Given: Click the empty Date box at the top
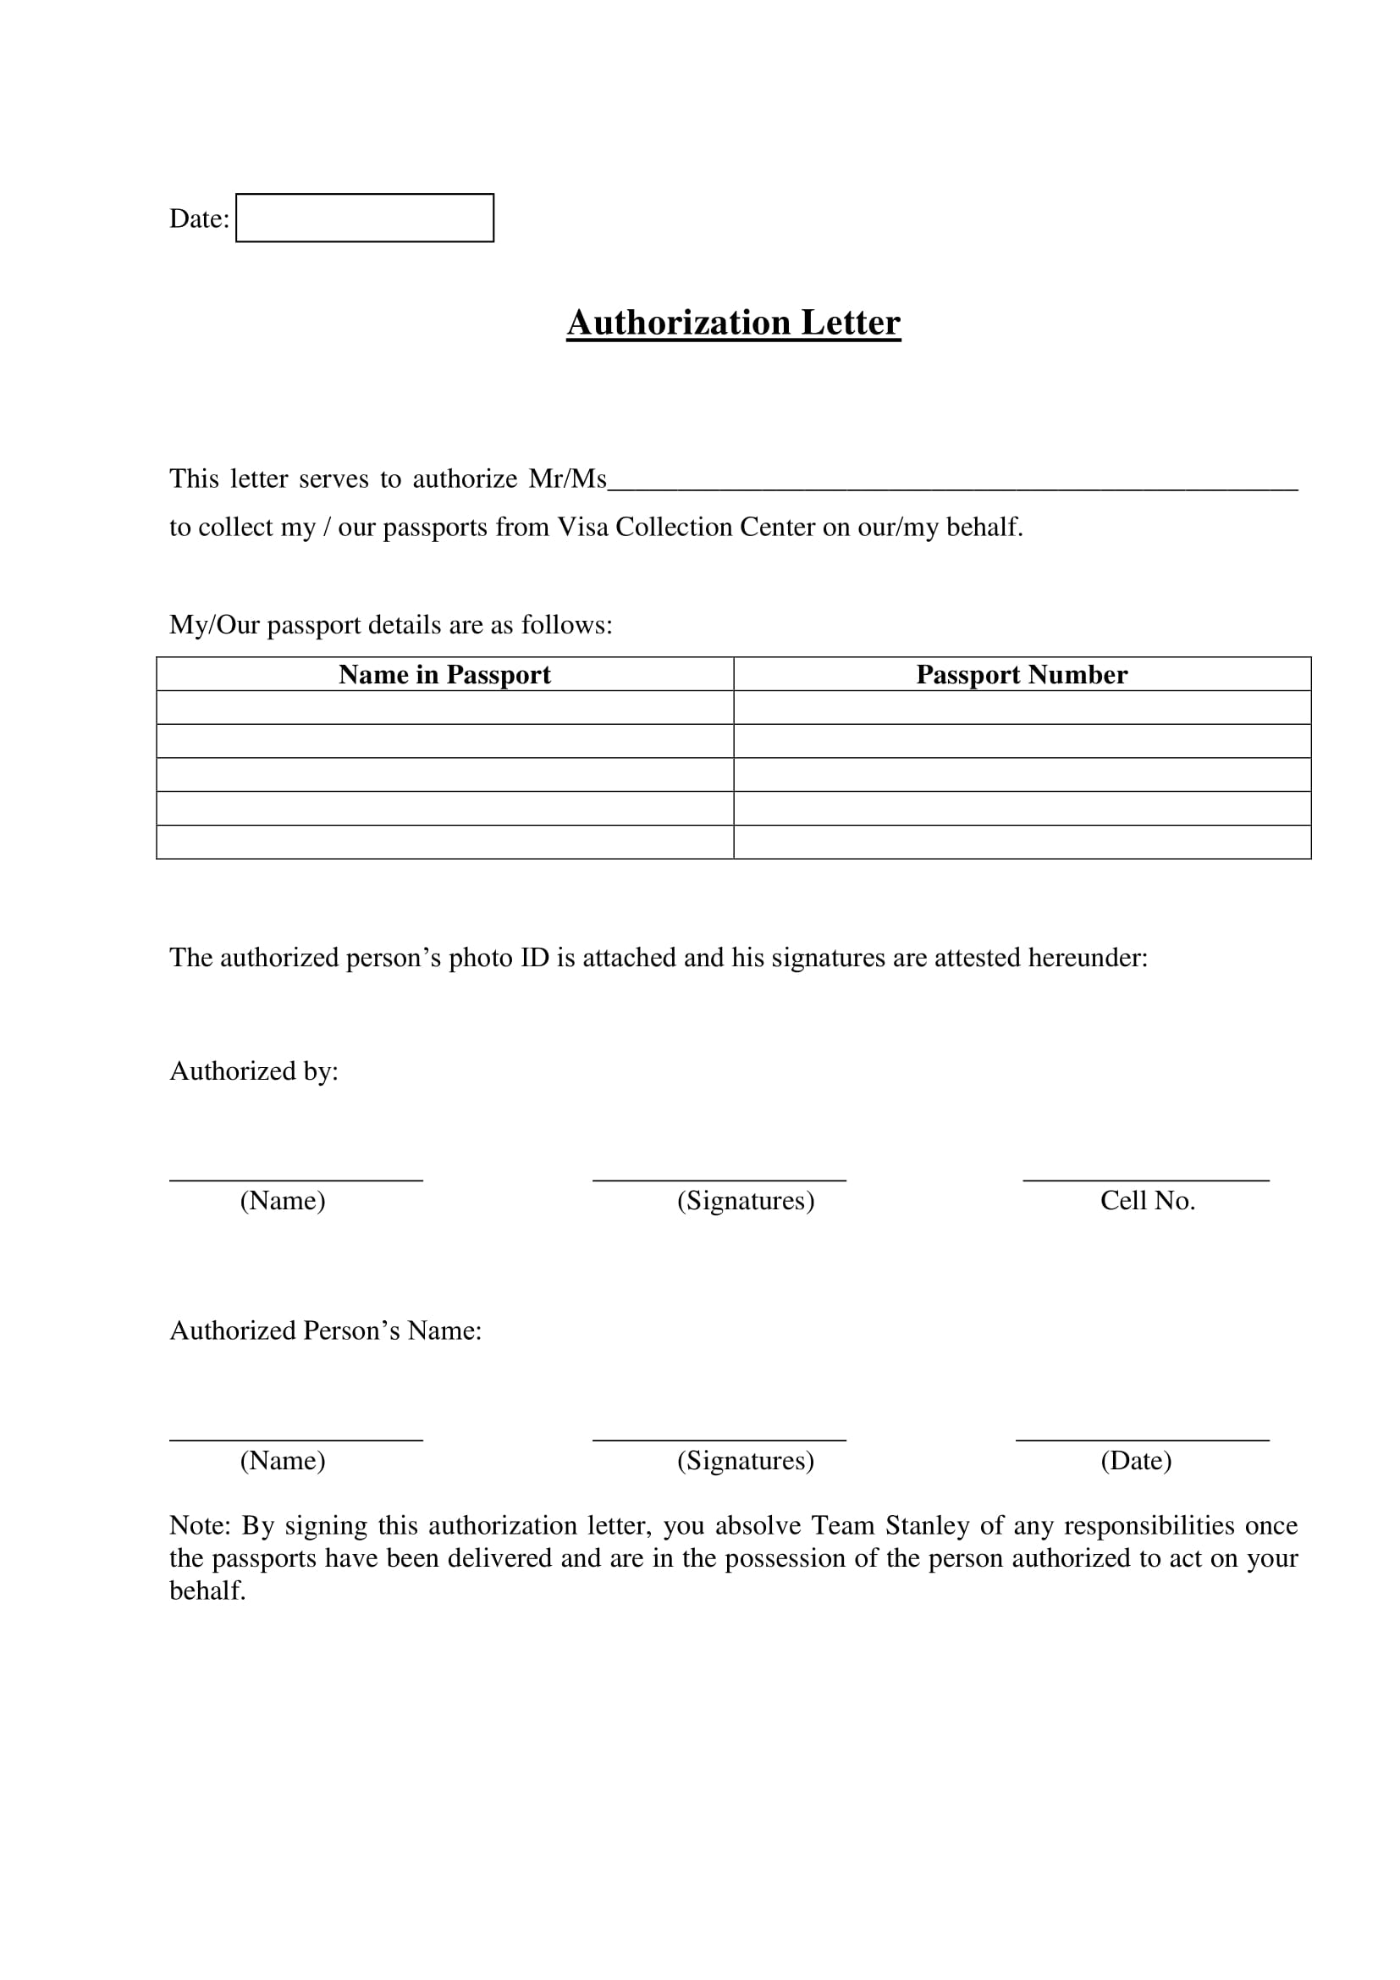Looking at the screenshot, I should [x=365, y=218].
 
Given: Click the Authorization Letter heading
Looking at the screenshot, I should [x=733, y=323].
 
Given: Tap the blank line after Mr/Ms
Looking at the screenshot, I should [x=951, y=483].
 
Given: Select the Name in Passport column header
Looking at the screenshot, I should [x=444, y=674].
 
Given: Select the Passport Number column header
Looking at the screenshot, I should [x=1022, y=674].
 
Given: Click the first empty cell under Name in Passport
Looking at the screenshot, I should [x=444, y=707].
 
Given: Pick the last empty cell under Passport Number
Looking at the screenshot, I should [x=1022, y=842].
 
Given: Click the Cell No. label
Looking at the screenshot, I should [x=1148, y=1200].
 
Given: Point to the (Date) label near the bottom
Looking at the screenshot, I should [x=1136, y=1460].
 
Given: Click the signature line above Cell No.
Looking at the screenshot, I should [x=1146, y=1180].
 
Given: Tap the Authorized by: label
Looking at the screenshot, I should [x=253, y=1071].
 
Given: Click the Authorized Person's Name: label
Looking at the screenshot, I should [x=325, y=1330].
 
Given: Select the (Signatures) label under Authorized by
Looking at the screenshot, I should [x=746, y=1200].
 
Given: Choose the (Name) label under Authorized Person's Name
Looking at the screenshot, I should [x=283, y=1460].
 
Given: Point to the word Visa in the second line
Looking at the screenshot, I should [x=582, y=527].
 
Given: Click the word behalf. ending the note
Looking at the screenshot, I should [x=207, y=1591].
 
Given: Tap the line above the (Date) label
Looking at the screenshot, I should [x=1142, y=1440].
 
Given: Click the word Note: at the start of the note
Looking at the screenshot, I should [x=200, y=1525].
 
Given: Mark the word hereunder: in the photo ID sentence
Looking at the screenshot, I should [x=1088, y=958].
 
